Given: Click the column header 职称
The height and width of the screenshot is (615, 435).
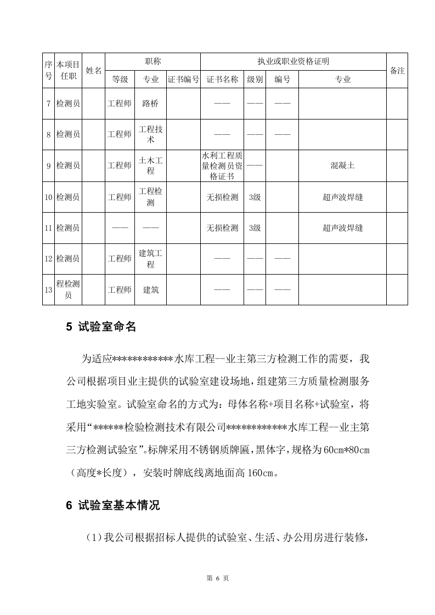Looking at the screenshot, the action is click(152, 62).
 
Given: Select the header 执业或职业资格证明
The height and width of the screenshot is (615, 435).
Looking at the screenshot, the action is click(293, 62).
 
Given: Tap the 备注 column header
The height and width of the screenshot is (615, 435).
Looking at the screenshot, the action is click(397, 71).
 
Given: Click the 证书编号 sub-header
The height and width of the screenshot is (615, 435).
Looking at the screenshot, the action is click(183, 79).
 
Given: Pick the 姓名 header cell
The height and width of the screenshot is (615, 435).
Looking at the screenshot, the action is click(94, 71).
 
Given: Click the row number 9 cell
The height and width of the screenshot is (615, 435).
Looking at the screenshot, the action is click(48, 166).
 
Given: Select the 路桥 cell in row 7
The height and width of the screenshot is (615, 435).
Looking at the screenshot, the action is click(150, 103).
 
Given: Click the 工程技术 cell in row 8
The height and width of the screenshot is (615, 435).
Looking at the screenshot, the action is click(150, 134).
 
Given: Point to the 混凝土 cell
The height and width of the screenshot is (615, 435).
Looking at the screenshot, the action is click(342, 166).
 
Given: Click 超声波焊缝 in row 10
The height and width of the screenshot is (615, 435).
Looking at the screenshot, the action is click(342, 197).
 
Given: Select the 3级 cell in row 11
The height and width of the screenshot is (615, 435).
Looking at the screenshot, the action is click(255, 228).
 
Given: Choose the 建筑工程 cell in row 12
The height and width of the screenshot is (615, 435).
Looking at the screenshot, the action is click(150, 259).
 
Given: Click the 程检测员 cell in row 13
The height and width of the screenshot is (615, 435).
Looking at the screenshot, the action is click(69, 289).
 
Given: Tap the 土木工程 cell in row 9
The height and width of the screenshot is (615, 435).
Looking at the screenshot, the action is click(150, 166).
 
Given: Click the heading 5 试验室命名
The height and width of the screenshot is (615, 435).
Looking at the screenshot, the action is click(101, 327).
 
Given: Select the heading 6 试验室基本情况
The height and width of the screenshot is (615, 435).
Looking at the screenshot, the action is click(113, 505).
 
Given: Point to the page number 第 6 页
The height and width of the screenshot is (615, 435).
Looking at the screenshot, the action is click(217, 578).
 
